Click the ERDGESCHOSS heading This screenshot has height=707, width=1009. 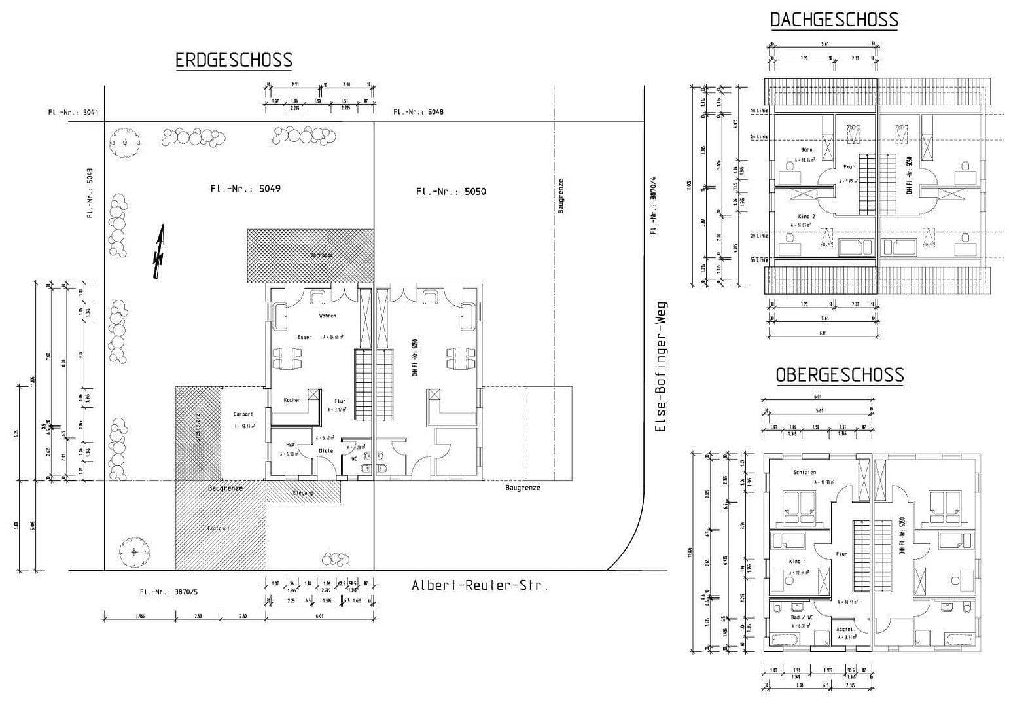pyautogui.click(x=234, y=61)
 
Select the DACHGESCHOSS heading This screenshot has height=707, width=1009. pyautogui.click(x=834, y=20)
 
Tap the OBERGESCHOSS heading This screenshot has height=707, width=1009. pyautogui.click(x=840, y=375)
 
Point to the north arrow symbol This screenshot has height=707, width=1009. pyautogui.click(x=158, y=252)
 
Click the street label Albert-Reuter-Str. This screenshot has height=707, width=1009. pyautogui.click(x=480, y=585)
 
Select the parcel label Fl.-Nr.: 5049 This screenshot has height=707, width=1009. pyautogui.click(x=245, y=189)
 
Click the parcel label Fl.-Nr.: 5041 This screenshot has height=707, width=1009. pyautogui.click(x=73, y=112)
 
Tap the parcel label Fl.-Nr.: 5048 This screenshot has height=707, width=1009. pyautogui.click(x=418, y=112)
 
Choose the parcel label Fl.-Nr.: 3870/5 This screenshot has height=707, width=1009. pyautogui.click(x=168, y=592)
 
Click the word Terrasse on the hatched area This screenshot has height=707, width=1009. pyautogui.click(x=322, y=255)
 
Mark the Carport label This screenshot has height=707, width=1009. pyautogui.click(x=243, y=414)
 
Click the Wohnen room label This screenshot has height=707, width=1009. pyautogui.click(x=327, y=316)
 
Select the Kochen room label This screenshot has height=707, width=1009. pyautogui.click(x=292, y=400)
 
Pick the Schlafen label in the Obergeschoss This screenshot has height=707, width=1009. pyautogui.click(x=804, y=472)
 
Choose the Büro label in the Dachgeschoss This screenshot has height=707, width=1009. pyautogui.click(x=806, y=150)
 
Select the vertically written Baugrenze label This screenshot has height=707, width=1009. pyautogui.click(x=561, y=196)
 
